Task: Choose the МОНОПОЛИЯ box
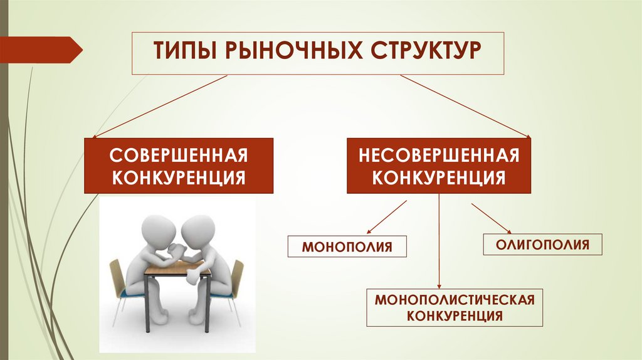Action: [347, 246]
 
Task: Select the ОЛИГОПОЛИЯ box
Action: [542, 243]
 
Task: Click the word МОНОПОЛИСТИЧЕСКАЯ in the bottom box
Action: [455, 299]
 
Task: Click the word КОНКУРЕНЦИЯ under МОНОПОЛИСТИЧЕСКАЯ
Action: [455, 315]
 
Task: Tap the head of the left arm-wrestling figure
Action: [152, 228]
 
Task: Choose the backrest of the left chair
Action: [116, 276]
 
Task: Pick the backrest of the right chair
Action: [236, 276]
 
